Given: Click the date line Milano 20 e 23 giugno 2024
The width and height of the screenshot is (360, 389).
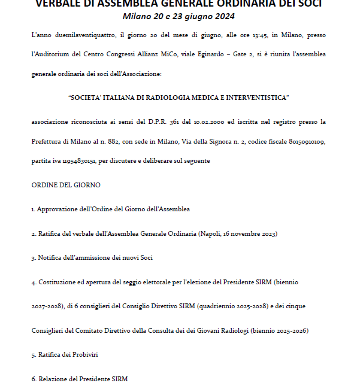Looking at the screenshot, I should click(179, 16).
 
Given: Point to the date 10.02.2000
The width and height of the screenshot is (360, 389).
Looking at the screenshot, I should click(210, 122).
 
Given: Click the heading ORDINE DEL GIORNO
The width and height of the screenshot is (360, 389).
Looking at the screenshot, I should click(66, 186).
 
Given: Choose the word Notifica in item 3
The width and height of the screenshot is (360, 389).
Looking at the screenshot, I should click(52, 257).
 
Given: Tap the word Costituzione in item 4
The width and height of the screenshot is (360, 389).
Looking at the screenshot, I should click(58, 281).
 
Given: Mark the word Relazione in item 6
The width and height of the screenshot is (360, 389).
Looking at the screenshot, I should click(52, 379).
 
